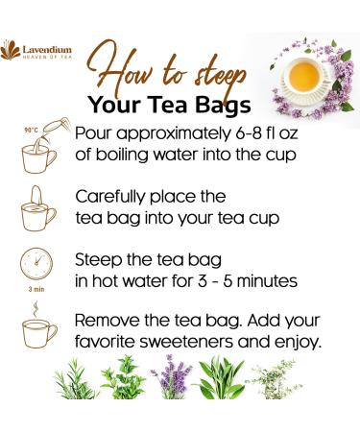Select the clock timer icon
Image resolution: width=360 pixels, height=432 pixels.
[x=38, y=265]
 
